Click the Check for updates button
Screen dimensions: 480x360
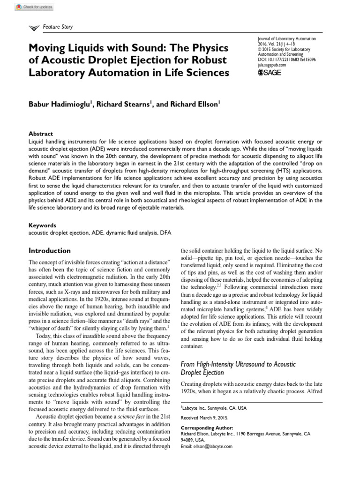(34, 7)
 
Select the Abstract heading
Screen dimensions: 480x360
(41, 134)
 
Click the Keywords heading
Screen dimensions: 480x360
(43, 225)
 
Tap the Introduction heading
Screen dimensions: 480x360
(50, 251)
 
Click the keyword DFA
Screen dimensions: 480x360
(166, 232)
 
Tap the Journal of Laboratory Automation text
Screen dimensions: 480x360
(287, 39)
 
